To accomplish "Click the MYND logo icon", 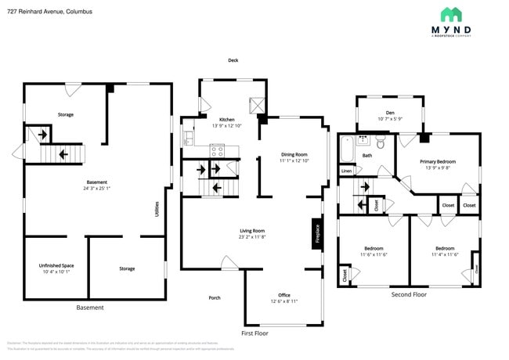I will click(451, 14).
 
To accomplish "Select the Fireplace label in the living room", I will click(317, 234).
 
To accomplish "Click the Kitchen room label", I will click(227, 119).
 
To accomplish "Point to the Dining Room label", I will click(294, 154).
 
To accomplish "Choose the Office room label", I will click(284, 294).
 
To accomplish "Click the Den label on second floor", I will click(389, 113).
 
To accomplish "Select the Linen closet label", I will click(345, 171).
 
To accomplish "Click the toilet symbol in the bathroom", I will click(380, 142).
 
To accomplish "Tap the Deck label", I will click(233, 60).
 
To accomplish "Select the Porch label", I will click(214, 297).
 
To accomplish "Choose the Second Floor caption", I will click(409, 294).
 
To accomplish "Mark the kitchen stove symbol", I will click(217, 149).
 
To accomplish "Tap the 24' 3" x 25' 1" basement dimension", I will click(96, 188).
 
